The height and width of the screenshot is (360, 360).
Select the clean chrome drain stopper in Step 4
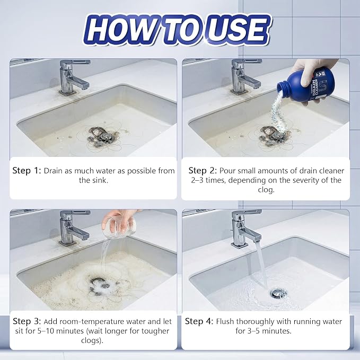[278, 293]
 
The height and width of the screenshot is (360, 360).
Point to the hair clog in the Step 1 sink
[103, 137]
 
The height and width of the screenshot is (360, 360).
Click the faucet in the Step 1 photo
[74, 77]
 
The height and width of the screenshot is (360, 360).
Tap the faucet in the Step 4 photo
[246, 229]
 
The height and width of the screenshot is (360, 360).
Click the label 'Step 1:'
[27, 171]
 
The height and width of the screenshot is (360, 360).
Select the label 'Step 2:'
[203, 171]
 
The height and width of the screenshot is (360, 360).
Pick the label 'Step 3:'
[27, 321]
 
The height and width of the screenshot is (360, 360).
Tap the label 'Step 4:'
[199, 321]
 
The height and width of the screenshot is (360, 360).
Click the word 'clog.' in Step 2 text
[266, 190]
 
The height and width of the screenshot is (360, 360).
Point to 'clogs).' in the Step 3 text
[92, 340]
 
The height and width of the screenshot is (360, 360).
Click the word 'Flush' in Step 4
[225, 321]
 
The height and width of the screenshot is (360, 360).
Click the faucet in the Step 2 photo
[246, 77]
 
